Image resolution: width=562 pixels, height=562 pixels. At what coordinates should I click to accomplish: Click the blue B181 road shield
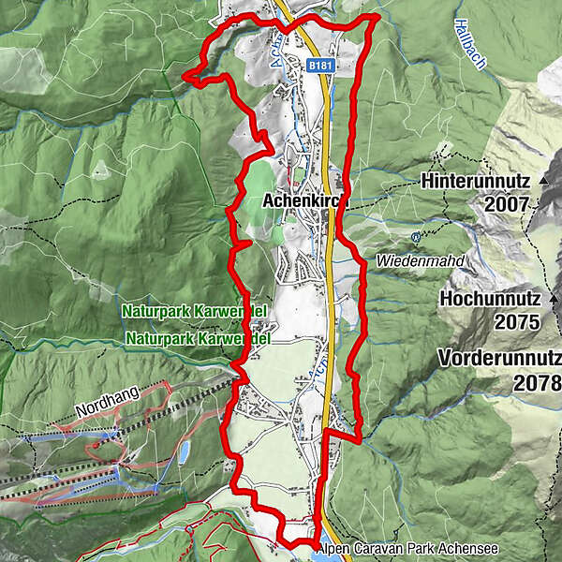[x=320, y=67]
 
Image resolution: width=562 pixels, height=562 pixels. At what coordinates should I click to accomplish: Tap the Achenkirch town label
[x=305, y=200]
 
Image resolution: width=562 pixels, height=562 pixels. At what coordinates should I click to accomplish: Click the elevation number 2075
[x=520, y=322]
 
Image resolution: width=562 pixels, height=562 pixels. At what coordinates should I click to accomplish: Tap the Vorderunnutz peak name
[x=499, y=359]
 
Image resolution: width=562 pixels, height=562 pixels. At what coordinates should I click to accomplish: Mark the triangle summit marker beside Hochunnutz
[x=554, y=300]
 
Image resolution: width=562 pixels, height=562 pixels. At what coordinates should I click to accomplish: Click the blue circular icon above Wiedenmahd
[x=415, y=237]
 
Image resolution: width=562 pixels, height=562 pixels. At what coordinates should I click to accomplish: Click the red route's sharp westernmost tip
[x=185, y=74]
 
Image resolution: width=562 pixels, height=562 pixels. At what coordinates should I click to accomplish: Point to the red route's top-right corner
[x=377, y=17]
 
